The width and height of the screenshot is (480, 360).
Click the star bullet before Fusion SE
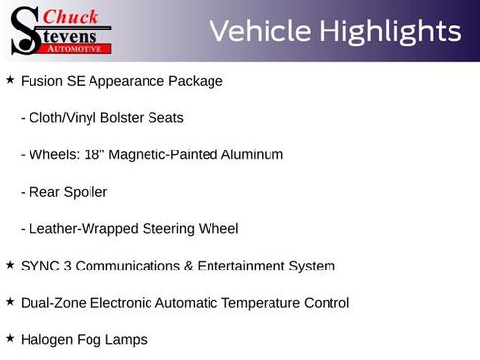10,79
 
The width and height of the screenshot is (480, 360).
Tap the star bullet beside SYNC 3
10,265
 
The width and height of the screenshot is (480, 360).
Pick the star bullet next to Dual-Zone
10,302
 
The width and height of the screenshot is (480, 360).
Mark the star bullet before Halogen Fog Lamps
10,339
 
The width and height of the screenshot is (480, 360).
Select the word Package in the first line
196,81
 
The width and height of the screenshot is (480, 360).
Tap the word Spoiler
84,192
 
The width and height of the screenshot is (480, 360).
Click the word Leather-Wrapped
82,229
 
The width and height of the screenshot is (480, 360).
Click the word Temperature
247,303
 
